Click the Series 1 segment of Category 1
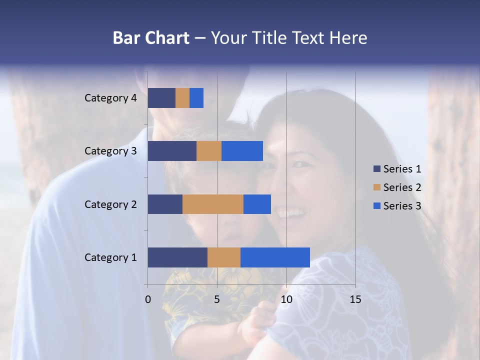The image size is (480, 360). point(177,257)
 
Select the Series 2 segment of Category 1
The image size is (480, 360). point(224,257)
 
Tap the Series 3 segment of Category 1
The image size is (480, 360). point(275,257)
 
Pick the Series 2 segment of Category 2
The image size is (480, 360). point(213,204)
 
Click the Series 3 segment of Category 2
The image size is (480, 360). point(257,204)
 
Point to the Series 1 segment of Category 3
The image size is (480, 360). point(172,151)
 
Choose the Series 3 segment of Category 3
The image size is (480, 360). point(242,151)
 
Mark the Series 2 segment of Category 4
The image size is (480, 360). point(182,98)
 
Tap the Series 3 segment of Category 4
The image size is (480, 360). point(196,98)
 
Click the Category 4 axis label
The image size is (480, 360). point(110,98)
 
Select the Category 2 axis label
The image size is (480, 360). point(110,204)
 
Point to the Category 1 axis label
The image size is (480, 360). point(110,257)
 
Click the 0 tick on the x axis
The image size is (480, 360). point(148,299)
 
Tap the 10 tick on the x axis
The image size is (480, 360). point(286,299)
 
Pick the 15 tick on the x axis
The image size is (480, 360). point(355,299)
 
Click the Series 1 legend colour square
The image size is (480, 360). point(377,169)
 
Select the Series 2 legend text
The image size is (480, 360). point(402,187)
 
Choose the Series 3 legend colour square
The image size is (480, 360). point(377,206)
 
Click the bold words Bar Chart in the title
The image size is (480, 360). point(151,38)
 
